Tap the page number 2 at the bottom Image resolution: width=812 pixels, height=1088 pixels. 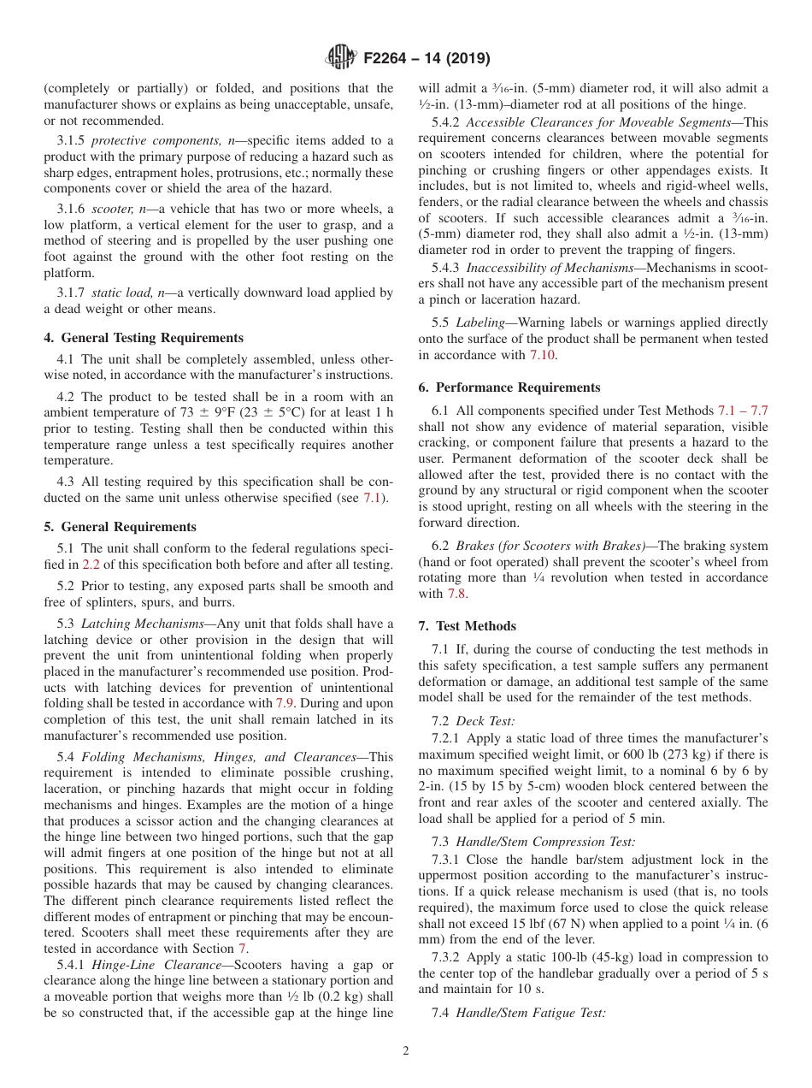click(x=406, y=1051)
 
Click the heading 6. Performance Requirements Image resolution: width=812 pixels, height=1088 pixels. click(x=509, y=387)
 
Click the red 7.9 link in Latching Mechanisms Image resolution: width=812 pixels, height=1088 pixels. click(x=285, y=703)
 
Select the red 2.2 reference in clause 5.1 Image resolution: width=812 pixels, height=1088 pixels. click(x=91, y=565)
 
